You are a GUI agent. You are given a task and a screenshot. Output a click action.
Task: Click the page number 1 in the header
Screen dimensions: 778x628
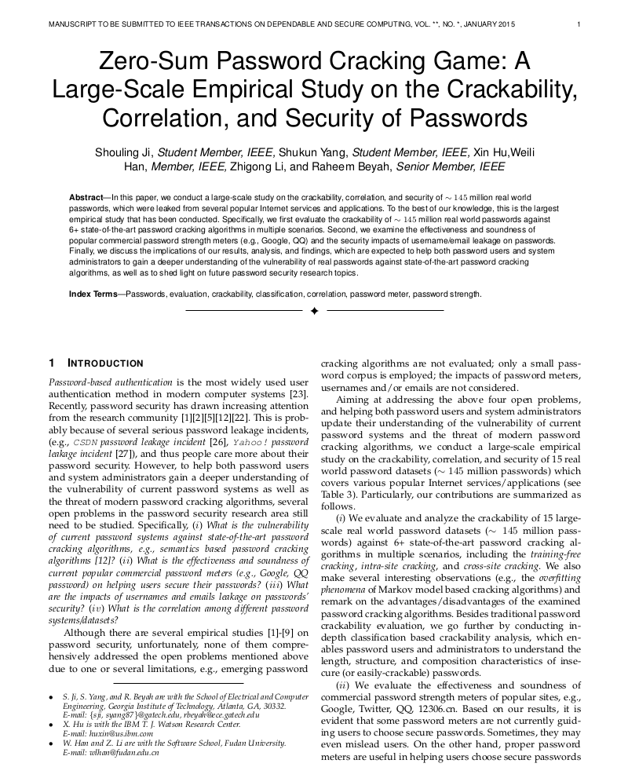(578, 24)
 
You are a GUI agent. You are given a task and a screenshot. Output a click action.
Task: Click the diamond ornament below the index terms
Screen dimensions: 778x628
(314, 312)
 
